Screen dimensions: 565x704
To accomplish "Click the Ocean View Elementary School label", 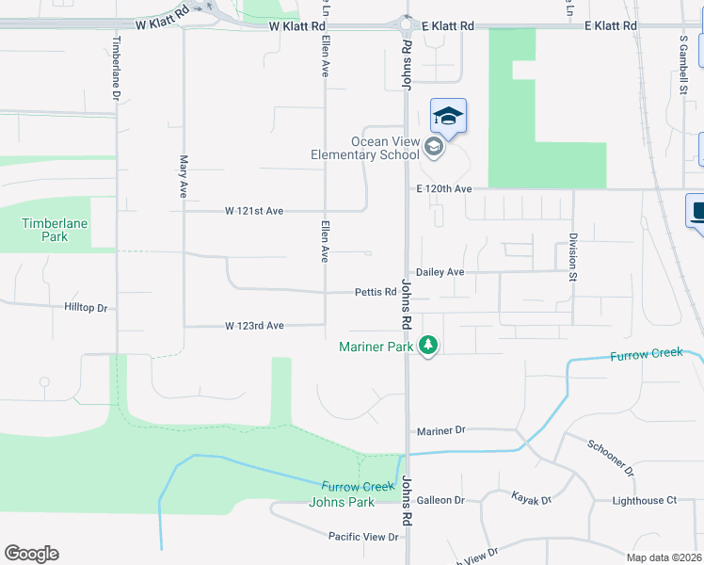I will pyautogui.click(x=367, y=148).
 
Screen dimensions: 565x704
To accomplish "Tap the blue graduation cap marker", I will pyautogui.click(x=449, y=117).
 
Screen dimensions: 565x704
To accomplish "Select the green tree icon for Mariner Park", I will pyautogui.click(x=428, y=346).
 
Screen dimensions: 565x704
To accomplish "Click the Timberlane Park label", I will pyautogui.click(x=45, y=230).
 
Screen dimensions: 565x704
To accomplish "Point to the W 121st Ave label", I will pyautogui.click(x=253, y=211).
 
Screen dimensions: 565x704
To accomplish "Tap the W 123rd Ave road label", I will pyautogui.click(x=254, y=326).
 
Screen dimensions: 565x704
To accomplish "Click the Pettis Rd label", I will pyautogui.click(x=375, y=292).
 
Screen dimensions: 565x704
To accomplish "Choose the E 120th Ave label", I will pyautogui.click(x=444, y=189).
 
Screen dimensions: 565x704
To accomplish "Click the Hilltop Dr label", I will pyautogui.click(x=87, y=308).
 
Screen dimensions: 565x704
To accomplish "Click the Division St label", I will pyautogui.click(x=571, y=257).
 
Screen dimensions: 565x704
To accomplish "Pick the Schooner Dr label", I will pyautogui.click(x=610, y=457).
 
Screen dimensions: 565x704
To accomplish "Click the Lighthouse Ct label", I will pyautogui.click(x=645, y=501).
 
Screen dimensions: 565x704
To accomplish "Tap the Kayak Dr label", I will pyautogui.click(x=531, y=496).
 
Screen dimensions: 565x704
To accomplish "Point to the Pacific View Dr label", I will pyautogui.click(x=364, y=537).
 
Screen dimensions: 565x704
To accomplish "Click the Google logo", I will pyautogui.click(x=31, y=554).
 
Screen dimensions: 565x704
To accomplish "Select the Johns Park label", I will pyautogui.click(x=341, y=502).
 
